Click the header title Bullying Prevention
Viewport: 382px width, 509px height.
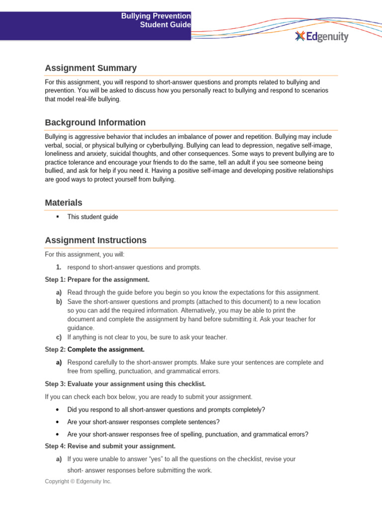[x=156, y=16]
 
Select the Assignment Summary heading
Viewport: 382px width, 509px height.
[x=91, y=68]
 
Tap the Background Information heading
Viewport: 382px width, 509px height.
[x=95, y=122]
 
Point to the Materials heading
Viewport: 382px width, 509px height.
[x=64, y=203]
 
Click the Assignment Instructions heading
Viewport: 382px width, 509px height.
[x=95, y=240]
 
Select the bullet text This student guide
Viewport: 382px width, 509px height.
[x=93, y=217]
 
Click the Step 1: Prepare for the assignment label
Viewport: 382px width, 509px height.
[x=97, y=280]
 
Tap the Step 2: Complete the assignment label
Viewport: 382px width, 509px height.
[x=95, y=349]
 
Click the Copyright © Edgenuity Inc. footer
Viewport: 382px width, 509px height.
[x=78, y=481]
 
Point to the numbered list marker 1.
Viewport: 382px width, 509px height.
[x=59, y=267]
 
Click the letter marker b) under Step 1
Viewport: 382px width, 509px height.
[x=59, y=302]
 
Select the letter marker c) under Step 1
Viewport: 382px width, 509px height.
[x=59, y=337]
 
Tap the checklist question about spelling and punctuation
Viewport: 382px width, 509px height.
[x=188, y=434]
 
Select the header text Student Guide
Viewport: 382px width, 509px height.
[x=166, y=25]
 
